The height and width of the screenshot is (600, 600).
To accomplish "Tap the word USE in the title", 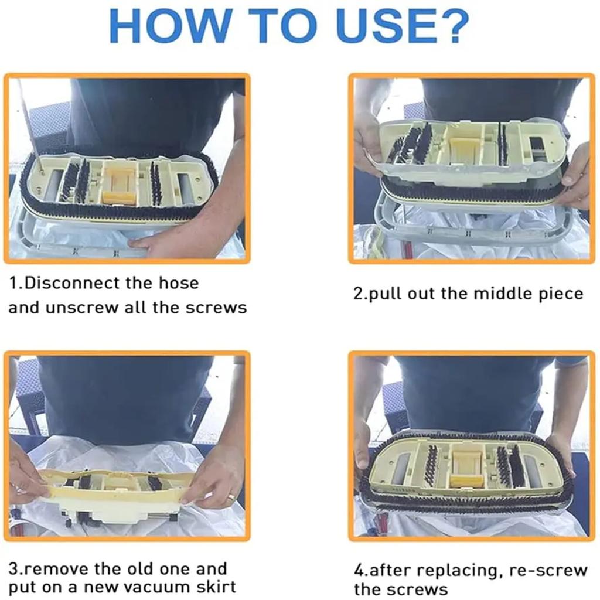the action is pyautogui.click(x=384, y=26).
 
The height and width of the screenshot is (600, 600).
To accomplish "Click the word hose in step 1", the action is pyautogui.click(x=179, y=284).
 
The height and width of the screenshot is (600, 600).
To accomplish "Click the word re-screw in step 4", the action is pyautogui.click(x=548, y=571).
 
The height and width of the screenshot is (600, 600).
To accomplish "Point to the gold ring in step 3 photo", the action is pyautogui.click(x=231, y=497).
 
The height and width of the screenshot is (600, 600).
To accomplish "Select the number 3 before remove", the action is pyautogui.click(x=13, y=569).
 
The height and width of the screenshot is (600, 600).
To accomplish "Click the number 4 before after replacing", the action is pyautogui.click(x=359, y=571).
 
